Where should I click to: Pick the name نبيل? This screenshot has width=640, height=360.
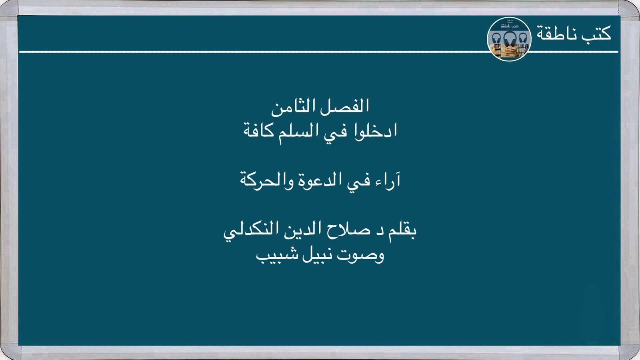317,255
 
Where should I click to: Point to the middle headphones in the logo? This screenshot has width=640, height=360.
509,39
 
